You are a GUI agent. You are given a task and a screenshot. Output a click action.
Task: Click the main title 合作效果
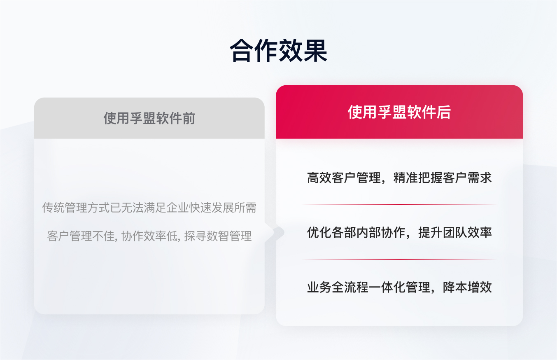[278, 51]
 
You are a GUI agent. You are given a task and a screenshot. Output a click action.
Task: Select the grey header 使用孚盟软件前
[149, 119]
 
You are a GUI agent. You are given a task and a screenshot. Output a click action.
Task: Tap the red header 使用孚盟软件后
[399, 112]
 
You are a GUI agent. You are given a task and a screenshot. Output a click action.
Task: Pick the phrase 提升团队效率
[455, 233]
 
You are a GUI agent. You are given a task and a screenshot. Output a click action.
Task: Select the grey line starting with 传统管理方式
[149, 208]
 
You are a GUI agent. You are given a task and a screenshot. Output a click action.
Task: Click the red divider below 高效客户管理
[399, 205]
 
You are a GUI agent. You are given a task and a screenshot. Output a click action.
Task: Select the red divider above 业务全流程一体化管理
[399, 259]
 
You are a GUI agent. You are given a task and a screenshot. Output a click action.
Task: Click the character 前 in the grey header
[189, 119]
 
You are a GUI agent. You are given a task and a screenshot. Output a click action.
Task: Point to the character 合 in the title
[242, 51]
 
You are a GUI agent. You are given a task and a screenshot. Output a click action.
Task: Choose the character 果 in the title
[315, 51]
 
